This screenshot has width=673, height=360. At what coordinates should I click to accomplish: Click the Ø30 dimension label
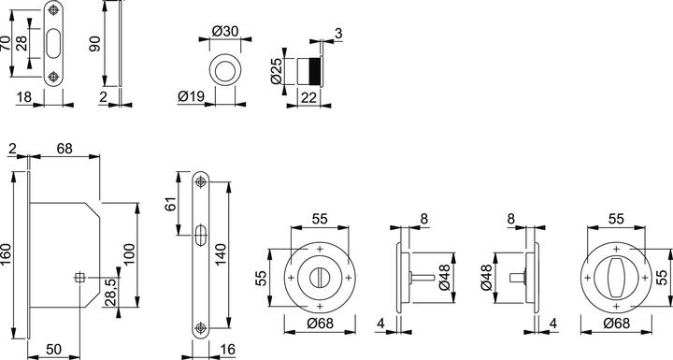click(225, 32)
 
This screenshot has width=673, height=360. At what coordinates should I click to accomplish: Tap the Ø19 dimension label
click(191, 96)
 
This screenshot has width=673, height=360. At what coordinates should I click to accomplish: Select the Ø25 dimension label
click(276, 71)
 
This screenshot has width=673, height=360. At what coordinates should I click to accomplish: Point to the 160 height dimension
click(6, 254)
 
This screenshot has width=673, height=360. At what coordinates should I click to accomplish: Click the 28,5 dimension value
click(110, 292)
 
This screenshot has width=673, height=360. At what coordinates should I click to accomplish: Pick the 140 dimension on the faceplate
click(221, 254)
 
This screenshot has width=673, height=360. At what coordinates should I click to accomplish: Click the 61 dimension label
click(171, 204)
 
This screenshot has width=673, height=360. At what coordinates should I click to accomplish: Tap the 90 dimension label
click(94, 44)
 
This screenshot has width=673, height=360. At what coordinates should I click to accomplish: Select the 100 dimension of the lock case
click(130, 254)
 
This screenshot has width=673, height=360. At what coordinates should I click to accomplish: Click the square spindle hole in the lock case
click(79, 278)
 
